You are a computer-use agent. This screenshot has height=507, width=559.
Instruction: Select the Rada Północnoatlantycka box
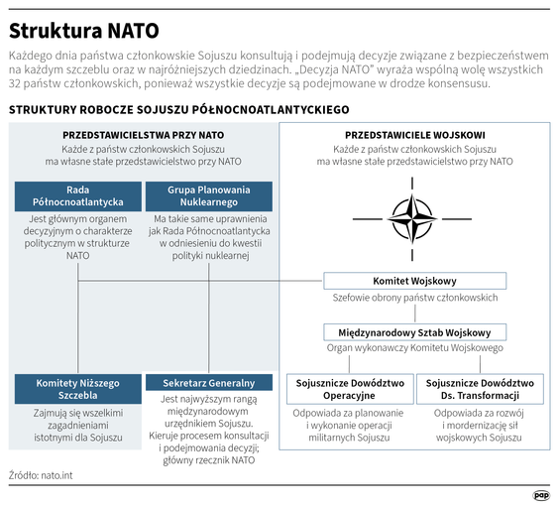pos(77,195)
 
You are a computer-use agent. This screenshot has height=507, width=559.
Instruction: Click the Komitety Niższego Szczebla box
pos(77,389)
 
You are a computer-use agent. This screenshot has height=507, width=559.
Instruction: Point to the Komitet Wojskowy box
pos(414,281)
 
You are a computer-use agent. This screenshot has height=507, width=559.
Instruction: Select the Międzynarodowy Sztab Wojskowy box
pos(414,332)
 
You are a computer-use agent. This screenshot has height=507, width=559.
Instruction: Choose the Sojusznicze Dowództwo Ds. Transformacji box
pos(480,389)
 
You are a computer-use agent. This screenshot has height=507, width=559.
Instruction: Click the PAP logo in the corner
pos(540,494)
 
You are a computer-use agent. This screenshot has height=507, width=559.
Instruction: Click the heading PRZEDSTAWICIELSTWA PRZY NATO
pos(143,134)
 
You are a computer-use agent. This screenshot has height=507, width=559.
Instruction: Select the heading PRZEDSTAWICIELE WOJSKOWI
pos(414,134)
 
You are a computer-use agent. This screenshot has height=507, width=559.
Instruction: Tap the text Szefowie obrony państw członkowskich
pos(414,298)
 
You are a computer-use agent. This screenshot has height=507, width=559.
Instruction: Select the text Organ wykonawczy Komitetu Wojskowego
pos(414,349)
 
